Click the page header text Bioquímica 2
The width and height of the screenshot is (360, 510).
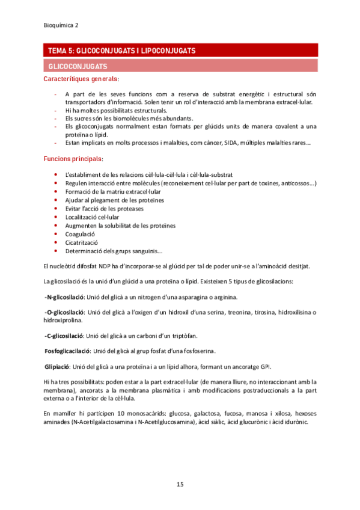pyautogui.click(x=62, y=25)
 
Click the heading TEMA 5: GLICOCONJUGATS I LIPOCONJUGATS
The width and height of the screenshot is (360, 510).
pyautogui.click(x=120, y=52)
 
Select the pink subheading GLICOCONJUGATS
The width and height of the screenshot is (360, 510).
pyautogui.click(x=78, y=66)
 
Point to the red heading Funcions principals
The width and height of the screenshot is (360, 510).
pyautogui.click(x=73, y=159)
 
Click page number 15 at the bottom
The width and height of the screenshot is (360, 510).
pyautogui.click(x=180, y=484)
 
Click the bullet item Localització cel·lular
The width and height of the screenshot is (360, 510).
pyautogui.click(x=92, y=217)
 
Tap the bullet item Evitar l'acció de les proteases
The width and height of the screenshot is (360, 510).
pyautogui.click(x=105, y=209)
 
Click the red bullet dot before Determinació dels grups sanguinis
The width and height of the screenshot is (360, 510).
pyautogui.click(x=56, y=251)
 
